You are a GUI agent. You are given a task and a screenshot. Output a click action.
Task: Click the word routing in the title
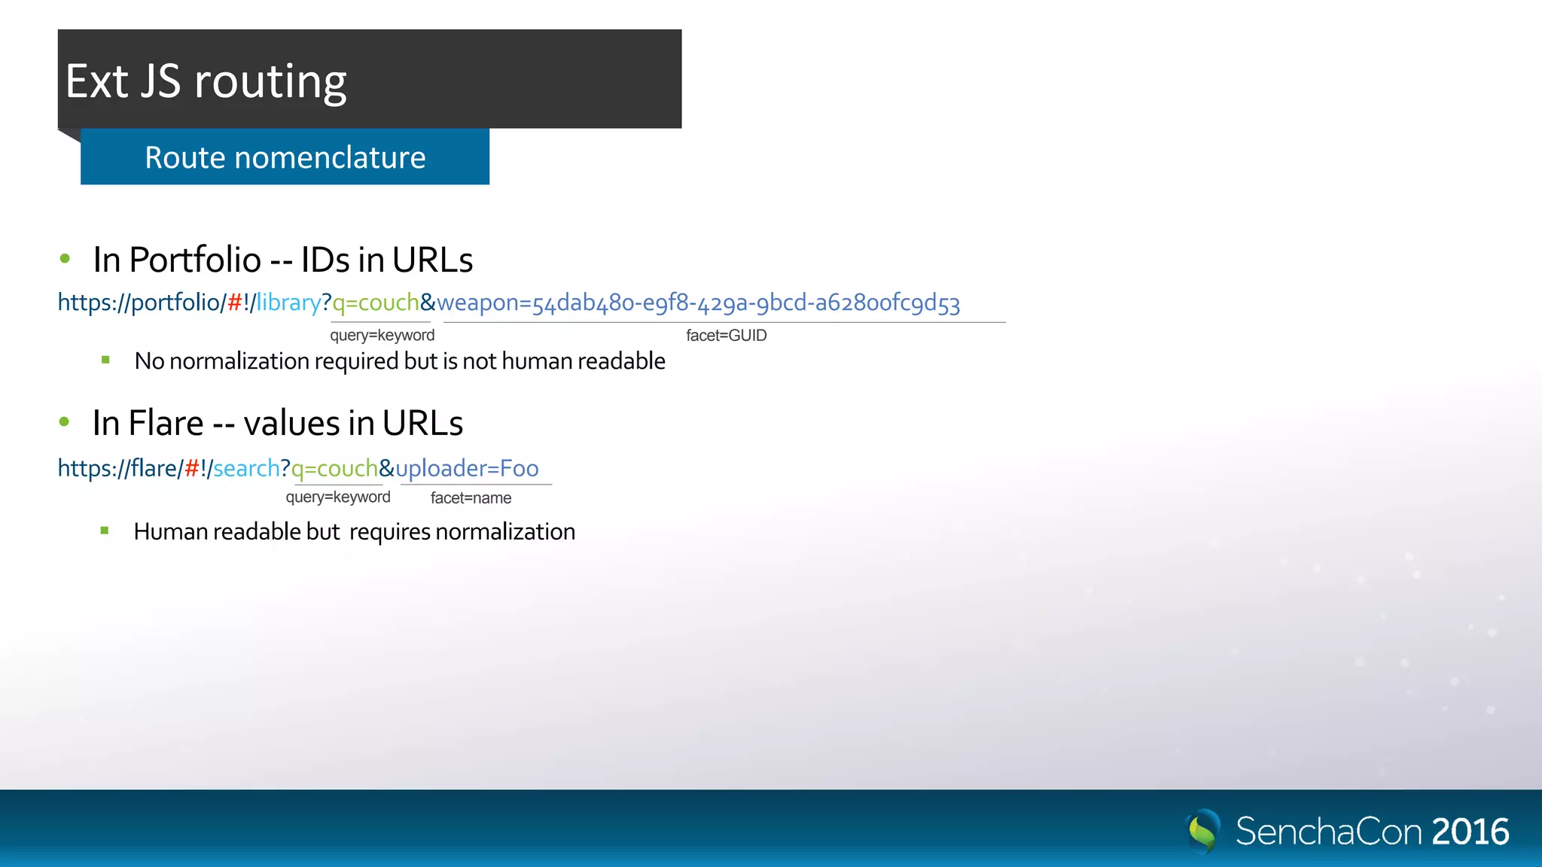coord(270,82)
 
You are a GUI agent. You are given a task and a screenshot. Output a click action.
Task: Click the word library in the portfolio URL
coord(289,303)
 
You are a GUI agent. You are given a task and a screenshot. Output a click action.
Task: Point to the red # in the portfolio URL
coord(234,303)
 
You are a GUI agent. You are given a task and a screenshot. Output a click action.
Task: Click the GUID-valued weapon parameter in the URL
coord(698,303)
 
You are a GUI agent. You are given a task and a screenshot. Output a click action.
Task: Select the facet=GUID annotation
coord(726,336)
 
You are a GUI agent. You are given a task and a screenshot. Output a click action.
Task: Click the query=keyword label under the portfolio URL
coord(382,336)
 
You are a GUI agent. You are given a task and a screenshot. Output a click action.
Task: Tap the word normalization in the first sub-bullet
coord(239,361)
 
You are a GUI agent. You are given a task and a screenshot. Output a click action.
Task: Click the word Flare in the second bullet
coord(166,423)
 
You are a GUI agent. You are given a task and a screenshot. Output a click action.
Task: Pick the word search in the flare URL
coord(246,468)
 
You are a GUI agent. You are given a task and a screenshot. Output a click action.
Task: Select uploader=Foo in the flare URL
coord(467,468)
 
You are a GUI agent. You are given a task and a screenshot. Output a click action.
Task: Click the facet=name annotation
coord(471,498)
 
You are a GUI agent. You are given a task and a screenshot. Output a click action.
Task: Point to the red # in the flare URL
coord(192,468)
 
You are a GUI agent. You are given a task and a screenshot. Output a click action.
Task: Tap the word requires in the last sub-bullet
coord(389,532)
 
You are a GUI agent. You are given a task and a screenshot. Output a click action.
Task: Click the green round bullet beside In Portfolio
coord(65,259)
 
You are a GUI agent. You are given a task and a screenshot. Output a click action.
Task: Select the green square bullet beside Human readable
coord(105,531)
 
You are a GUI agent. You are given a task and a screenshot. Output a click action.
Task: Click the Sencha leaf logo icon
coord(1202,830)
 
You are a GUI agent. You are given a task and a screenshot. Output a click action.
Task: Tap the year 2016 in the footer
coord(1470,832)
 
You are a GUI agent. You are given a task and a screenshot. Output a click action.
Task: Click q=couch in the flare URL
coord(334,468)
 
